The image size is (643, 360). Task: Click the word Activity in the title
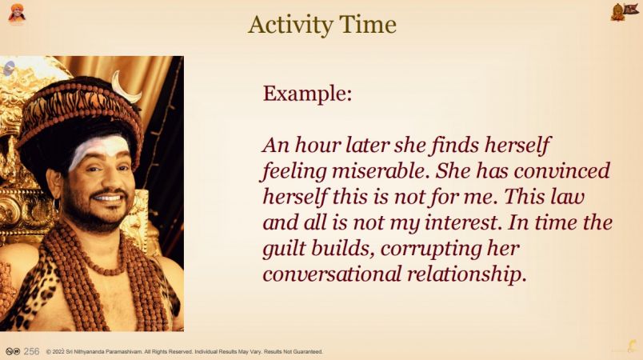tap(290, 26)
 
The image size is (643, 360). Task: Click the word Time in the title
tap(367, 24)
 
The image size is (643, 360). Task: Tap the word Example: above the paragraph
tap(308, 94)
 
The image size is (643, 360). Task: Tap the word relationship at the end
tap(466, 274)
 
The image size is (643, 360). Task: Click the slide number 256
tap(31, 351)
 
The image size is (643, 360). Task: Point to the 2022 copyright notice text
tap(184, 352)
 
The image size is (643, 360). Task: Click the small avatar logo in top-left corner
tap(17, 14)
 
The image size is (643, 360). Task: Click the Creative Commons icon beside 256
tap(13, 351)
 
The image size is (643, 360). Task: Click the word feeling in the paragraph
tap(294, 171)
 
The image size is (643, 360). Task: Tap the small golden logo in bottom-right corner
tap(633, 346)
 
